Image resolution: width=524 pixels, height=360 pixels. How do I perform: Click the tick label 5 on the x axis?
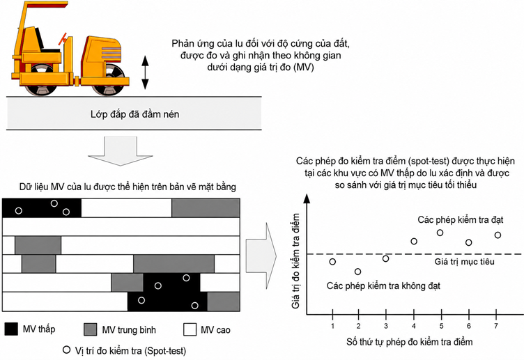click(x=441, y=326)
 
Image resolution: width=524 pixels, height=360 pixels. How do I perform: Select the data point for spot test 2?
click(x=357, y=272)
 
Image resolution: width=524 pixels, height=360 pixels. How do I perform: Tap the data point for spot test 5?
click(x=440, y=233)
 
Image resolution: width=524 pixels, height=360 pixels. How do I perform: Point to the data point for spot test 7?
click(x=498, y=235)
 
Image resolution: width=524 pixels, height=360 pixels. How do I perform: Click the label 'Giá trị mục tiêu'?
click(x=464, y=262)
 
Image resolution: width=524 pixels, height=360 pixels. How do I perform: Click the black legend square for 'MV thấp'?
click(x=11, y=329)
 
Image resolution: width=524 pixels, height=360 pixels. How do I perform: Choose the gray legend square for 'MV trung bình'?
click(x=90, y=329)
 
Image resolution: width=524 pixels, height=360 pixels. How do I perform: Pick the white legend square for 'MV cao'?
click(x=190, y=329)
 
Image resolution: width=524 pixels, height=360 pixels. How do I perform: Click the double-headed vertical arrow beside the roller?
click(x=145, y=72)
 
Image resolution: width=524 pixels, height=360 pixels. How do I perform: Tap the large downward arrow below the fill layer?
click(x=121, y=151)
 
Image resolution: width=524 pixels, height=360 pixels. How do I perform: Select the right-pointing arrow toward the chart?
click(x=261, y=256)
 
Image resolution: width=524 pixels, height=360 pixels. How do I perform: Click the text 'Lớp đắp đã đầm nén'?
click(x=134, y=114)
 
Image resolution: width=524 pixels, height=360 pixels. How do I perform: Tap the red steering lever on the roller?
click(x=63, y=39)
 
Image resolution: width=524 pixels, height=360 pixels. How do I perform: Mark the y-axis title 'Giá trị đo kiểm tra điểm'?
click(x=295, y=261)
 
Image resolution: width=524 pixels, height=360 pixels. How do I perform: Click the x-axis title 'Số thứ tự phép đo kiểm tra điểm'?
click(x=410, y=342)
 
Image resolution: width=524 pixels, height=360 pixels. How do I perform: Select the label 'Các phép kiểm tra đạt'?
click(x=460, y=220)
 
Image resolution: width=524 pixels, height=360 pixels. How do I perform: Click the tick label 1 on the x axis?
click(x=332, y=326)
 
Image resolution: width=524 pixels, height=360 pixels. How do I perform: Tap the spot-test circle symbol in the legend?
click(x=67, y=350)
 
